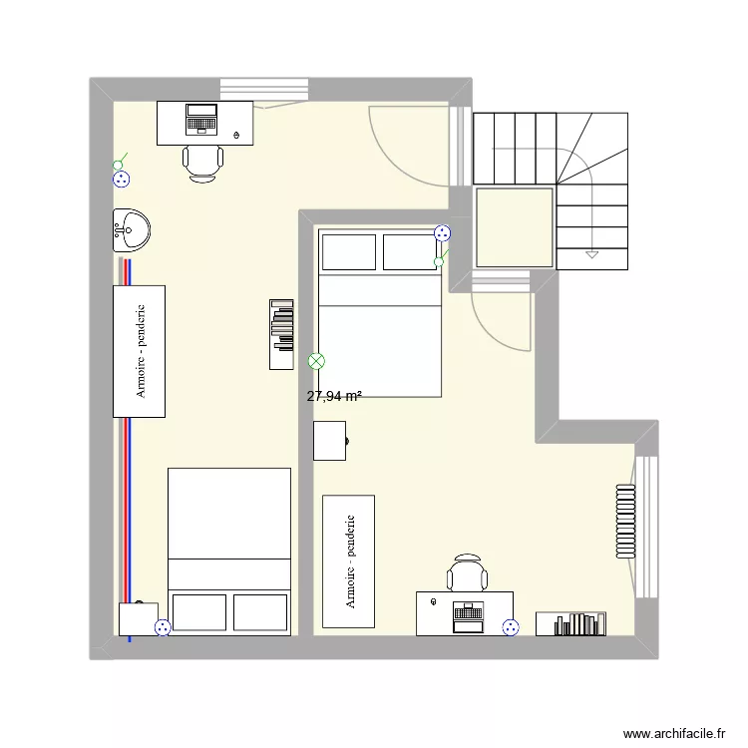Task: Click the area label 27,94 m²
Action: pyautogui.click(x=334, y=396)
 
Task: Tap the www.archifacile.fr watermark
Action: pyautogui.click(x=674, y=733)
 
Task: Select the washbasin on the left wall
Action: pyautogui.click(x=131, y=230)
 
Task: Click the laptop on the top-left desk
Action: pyautogui.click(x=202, y=119)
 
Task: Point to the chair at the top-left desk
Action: pyautogui.click(x=202, y=162)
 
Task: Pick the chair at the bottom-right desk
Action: pyautogui.click(x=467, y=574)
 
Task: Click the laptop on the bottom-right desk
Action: pyautogui.click(x=467, y=615)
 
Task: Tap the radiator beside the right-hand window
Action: pyautogui.click(x=625, y=521)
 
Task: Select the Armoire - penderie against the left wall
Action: pyautogui.click(x=139, y=351)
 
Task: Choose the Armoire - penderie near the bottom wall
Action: pyautogui.click(x=348, y=561)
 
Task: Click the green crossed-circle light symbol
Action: pyautogui.click(x=317, y=361)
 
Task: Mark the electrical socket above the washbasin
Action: pyautogui.click(x=122, y=179)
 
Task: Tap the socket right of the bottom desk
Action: pyautogui.click(x=511, y=627)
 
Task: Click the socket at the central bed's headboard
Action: pyautogui.click(x=442, y=233)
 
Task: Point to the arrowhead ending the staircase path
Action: pyautogui.click(x=591, y=254)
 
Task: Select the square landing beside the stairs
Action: pyautogui.click(x=514, y=227)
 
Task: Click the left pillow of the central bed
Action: pyautogui.click(x=347, y=251)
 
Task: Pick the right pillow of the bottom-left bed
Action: pyautogui.click(x=260, y=611)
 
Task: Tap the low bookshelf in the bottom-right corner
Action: pyautogui.click(x=571, y=623)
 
